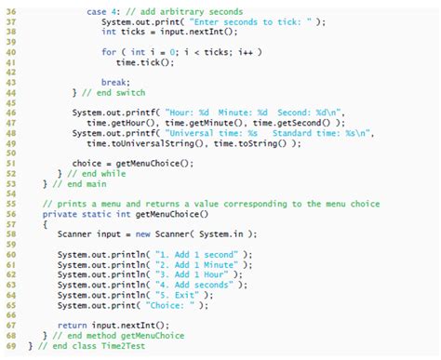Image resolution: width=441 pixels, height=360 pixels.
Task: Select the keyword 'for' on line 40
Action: point(108,51)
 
